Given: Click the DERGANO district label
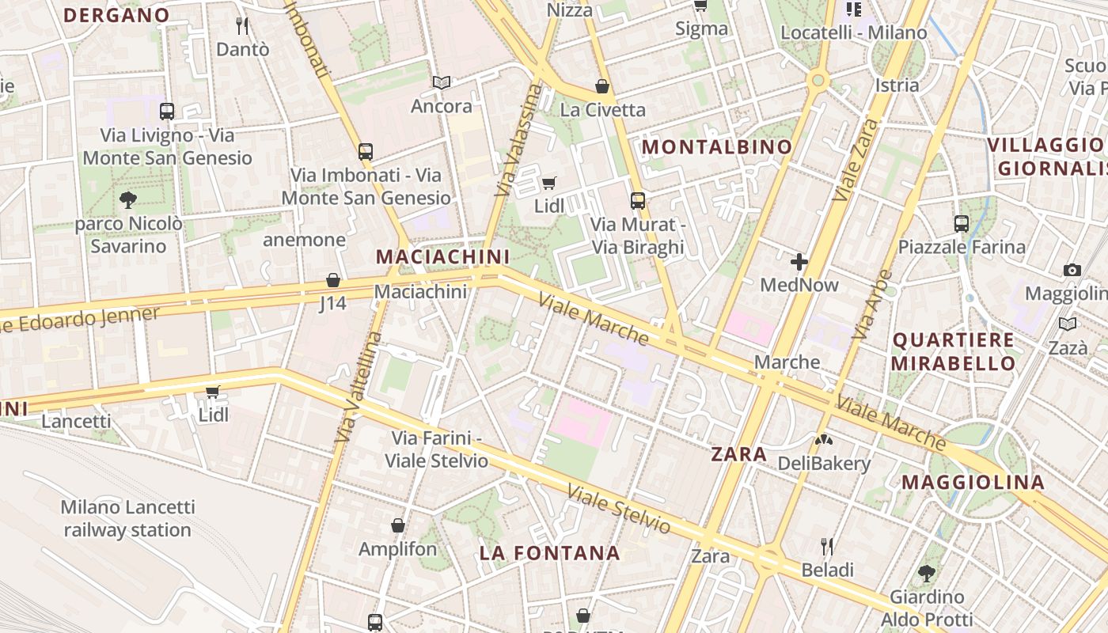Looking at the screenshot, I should pyautogui.click(x=116, y=15).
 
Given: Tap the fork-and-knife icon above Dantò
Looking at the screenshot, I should pyautogui.click(x=242, y=26).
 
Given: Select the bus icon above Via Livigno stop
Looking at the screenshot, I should pyautogui.click(x=166, y=112).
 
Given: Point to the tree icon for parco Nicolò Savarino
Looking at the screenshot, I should pyautogui.click(x=127, y=199).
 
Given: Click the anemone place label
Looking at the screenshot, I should pyautogui.click(x=305, y=240).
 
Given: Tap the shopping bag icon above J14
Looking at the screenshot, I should pyautogui.click(x=333, y=280).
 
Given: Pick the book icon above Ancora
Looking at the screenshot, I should pyautogui.click(x=441, y=82).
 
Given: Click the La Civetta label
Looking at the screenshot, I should pyautogui.click(x=602, y=110).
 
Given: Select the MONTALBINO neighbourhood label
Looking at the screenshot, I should pyautogui.click(x=716, y=147).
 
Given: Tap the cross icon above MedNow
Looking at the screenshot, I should pyautogui.click(x=799, y=262).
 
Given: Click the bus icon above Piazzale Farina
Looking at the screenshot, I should pyautogui.click(x=962, y=224).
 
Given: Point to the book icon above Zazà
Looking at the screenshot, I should pyautogui.click(x=1068, y=324).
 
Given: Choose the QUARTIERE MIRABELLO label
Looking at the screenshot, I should pyautogui.click(x=954, y=351).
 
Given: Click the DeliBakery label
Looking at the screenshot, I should pyautogui.click(x=824, y=464).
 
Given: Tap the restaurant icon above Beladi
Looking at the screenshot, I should pyautogui.click(x=827, y=547).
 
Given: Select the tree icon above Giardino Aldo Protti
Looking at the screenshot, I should pyautogui.click(x=927, y=573).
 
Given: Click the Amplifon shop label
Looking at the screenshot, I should pyautogui.click(x=397, y=549).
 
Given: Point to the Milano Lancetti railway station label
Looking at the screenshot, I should pyautogui.click(x=127, y=518).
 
